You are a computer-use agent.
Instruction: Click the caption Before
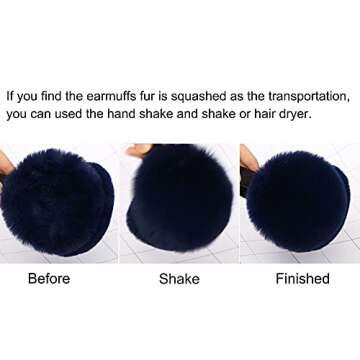[x=49, y=279]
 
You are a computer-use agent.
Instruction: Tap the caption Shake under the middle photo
[x=179, y=279]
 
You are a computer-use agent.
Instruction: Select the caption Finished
[x=303, y=279]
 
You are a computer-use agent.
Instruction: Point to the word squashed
[x=199, y=97]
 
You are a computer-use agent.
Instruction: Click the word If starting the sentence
[x=10, y=96]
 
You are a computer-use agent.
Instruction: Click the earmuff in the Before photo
[x=57, y=203]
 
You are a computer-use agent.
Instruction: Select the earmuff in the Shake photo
[x=180, y=198]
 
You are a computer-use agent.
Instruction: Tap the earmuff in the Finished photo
[x=298, y=203]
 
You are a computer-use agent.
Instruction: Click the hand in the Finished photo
[x=249, y=158]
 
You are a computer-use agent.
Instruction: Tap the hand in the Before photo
[x=6, y=163]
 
